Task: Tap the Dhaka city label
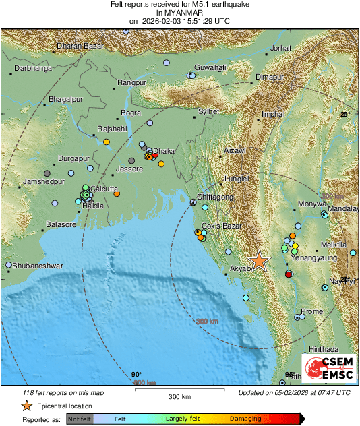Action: tap(164, 151)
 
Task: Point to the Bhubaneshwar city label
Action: tap(38, 266)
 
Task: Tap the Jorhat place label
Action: tap(280, 49)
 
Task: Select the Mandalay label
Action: tap(343, 209)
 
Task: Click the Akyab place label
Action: tap(239, 268)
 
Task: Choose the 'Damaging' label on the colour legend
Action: tap(245, 419)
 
